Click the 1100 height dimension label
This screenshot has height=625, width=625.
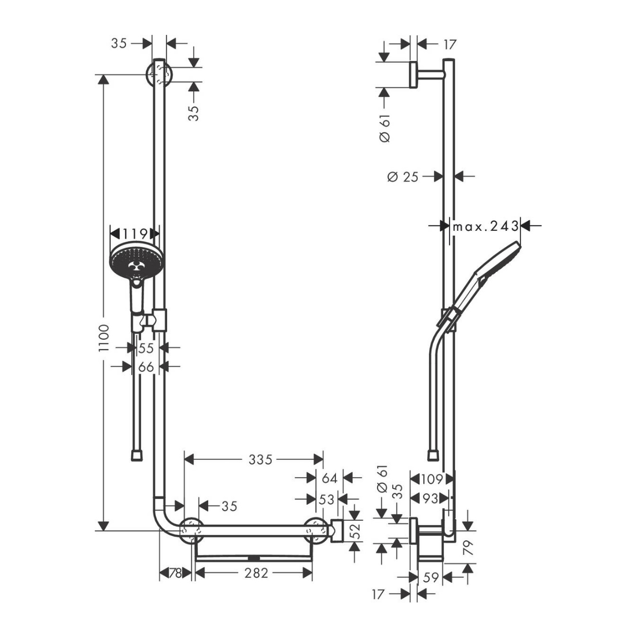(x=104, y=342)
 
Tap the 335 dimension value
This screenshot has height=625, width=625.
(x=260, y=459)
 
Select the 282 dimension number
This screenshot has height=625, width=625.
(x=256, y=573)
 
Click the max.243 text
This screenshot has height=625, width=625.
(x=485, y=226)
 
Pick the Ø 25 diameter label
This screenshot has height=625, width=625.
(x=403, y=177)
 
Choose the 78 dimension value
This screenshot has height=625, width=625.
(x=176, y=573)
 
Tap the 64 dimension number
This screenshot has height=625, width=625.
(x=330, y=478)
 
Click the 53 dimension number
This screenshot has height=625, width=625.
(x=326, y=499)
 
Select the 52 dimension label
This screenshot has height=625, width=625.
(x=356, y=531)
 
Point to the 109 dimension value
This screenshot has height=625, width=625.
(x=432, y=479)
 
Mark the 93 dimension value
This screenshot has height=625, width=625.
(x=430, y=498)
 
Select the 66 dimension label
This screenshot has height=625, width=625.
(x=146, y=367)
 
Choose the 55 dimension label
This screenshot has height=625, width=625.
(x=146, y=348)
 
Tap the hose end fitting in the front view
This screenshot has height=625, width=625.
(x=137, y=455)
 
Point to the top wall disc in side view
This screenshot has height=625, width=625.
(x=413, y=74)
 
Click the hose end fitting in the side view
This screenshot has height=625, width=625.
(x=433, y=455)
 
